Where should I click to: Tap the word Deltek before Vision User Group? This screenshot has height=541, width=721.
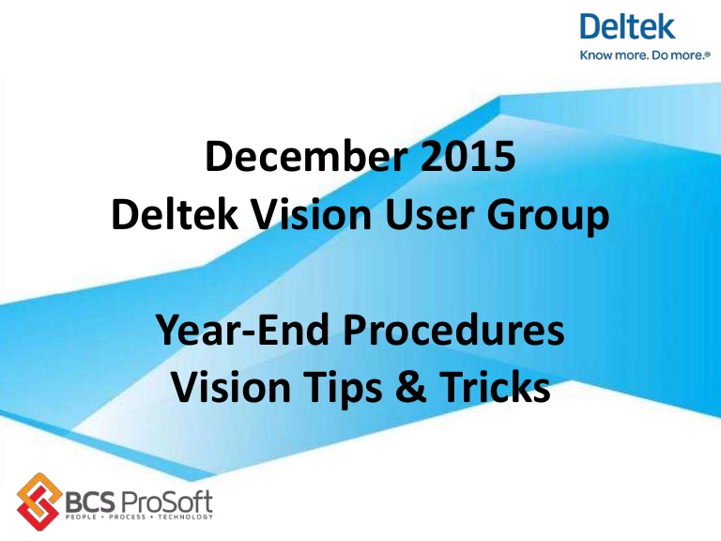pyautogui.click(x=167, y=217)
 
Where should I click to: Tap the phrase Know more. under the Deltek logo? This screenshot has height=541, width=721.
pyautogui.click(x=608, y=56)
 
